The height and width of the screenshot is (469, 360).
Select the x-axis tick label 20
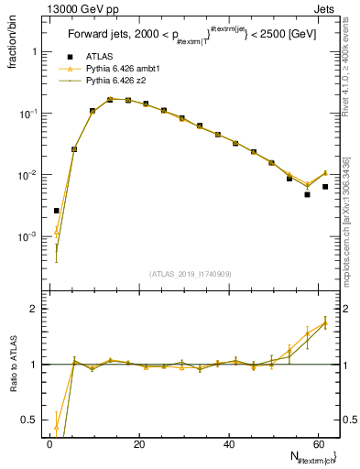click(x=139, y=443)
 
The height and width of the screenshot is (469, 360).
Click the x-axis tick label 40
click(x=229, y=443)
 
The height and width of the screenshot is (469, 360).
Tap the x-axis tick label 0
click(x=50, y=443)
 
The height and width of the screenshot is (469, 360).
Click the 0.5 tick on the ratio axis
click(x=29, y=420)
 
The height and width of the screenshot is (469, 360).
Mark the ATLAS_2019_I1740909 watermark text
click(x=190, y=273)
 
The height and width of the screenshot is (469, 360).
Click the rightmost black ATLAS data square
click(x=325, y=187)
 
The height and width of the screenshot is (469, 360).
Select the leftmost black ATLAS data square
click(x=57, y=211)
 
